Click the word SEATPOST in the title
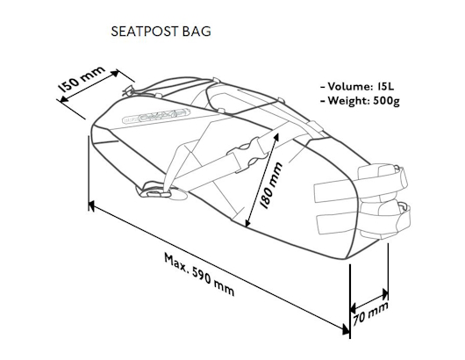pos(145,32)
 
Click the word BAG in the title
pos(197,32)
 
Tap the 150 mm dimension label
pos(81,79)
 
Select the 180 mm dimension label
pos(271,185)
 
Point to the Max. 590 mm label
pos(199,274)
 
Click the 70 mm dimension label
pos(371,313)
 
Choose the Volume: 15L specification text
pos(357,86)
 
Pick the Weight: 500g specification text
pos(360,101)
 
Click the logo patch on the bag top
pos(156,116)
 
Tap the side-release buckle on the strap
pos(247,155)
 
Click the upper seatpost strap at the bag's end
pos(361,184)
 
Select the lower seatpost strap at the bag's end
pos(363,218)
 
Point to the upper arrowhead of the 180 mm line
pos(275,137)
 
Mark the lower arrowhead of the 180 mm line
pos(248,223)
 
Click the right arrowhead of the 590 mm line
pos(346,328)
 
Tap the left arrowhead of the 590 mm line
pos(92,205)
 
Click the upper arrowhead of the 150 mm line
pos(114,73)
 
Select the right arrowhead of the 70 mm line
pos(384,294)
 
